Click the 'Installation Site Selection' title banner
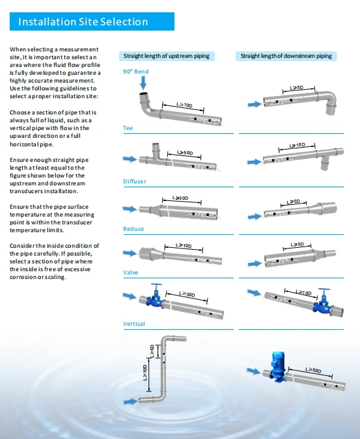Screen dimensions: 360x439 (x=92, y=21)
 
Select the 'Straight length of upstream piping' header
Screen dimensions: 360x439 (x=167, y=56)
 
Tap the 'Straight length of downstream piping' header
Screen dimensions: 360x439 (x=286, y=56)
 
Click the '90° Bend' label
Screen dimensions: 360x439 (x=136, y=72)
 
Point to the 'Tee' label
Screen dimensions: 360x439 (x=128, y=128)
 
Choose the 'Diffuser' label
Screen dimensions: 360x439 (x=135, y=181)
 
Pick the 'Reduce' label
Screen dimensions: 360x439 (x=133, y=229)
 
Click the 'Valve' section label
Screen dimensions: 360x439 (x=131, y=273)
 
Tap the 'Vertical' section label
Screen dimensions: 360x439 (x=134, y=324)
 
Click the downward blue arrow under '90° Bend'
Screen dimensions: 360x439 (x=143, y=83)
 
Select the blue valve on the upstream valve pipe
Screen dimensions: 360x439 (x=156, y=297)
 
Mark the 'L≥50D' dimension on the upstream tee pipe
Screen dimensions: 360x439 (x=185, y=153)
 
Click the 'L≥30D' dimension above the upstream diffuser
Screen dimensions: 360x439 (x=180, y=198)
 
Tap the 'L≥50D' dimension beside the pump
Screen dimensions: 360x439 (x=313, y=370)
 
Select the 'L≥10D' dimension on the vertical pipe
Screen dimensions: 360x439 (x=145, y=373)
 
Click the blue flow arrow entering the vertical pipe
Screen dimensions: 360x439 (x=130, y=402)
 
